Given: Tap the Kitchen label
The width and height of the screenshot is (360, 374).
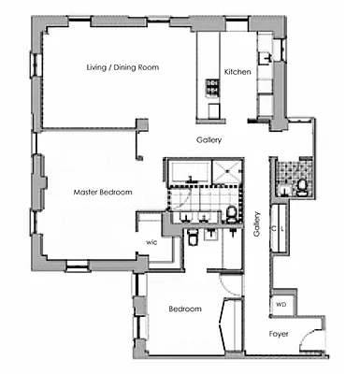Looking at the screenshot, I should click(238, 72).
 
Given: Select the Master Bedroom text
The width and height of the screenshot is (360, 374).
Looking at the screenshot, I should click(103, 192).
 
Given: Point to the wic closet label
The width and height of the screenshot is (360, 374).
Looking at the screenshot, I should click(151, 240).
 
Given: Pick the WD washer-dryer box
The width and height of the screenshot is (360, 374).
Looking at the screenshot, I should click(280, 305).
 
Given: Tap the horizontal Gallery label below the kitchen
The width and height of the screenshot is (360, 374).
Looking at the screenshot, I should click(209, 140).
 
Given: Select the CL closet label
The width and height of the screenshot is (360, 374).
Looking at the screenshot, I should click(279, 227).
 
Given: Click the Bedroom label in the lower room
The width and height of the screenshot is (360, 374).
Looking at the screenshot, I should click(185, 309).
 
